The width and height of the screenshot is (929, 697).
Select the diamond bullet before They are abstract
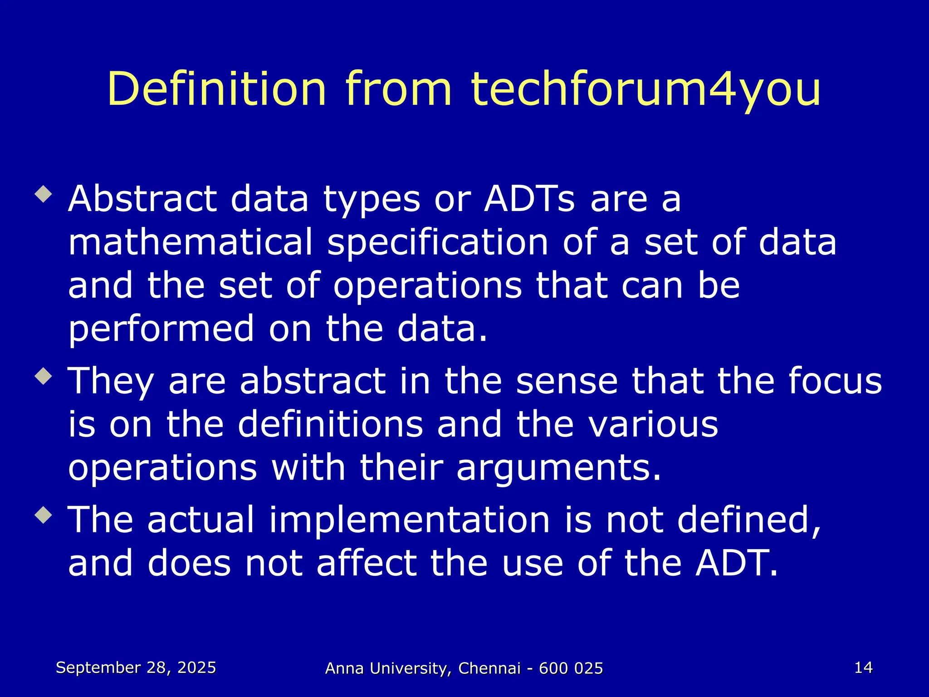[x=44, y=376]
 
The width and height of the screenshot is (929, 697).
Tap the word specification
[x=438, y=243]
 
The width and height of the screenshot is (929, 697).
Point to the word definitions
[x=330, y=424]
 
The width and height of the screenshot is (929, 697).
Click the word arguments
[x=558, y=468]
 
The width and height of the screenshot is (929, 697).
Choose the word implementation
[x=410, y=520]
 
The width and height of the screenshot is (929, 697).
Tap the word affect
[x=367, y=563]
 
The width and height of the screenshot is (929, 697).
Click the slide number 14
[x=863, y=668]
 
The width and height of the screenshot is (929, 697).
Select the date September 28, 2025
[x=136, y=668]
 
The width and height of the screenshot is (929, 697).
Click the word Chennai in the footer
[x=489, y=668]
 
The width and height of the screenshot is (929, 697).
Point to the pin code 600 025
[x=571, y=668]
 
